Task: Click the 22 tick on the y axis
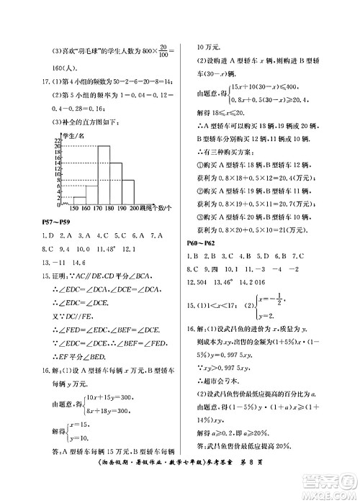point(57,139)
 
